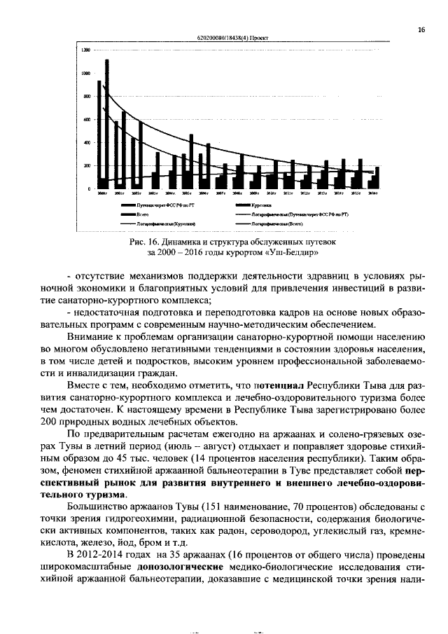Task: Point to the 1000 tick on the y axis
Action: tap(85, 74)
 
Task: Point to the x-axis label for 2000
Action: tap(102, 193)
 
